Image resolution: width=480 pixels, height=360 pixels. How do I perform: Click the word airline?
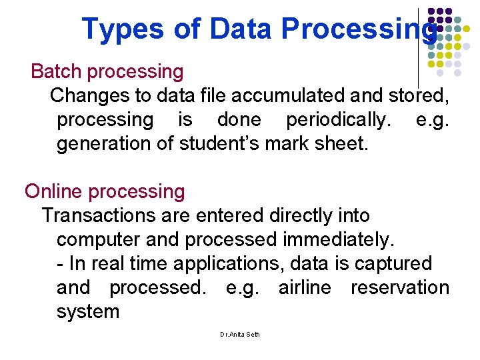point(304,287)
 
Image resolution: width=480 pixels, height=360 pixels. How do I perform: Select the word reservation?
point(399,287)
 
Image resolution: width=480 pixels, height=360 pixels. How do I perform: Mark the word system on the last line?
point(88,311)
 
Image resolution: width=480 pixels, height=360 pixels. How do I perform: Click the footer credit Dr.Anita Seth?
point(240,334)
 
